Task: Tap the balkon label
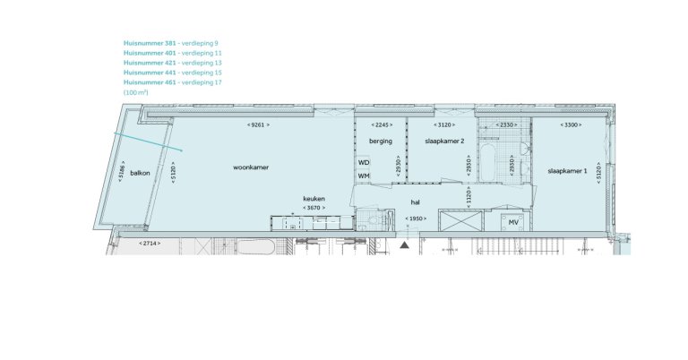click(139, 173)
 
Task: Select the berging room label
click(381, 141)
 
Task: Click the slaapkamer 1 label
click(567, 170)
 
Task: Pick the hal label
click(416, 201)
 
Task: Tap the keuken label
click(313, 199)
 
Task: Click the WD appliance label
click(364, 163)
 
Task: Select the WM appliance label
click(364, 176)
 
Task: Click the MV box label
click(514, 222)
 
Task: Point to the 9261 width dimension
click(258, 124)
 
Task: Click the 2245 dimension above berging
click(381, 124)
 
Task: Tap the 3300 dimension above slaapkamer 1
click(571, 124)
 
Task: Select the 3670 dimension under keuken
click(313, 208)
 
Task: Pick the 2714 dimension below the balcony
click(149, 244)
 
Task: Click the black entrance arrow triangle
click(405, 244)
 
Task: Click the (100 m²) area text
click(136, 92)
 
